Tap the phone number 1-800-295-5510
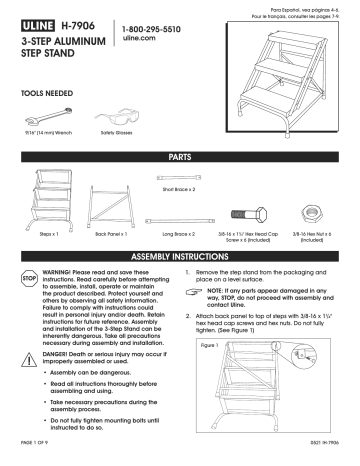click(158, 32)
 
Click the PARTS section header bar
click(180, 160)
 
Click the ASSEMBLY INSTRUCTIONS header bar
click(180, 256)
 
